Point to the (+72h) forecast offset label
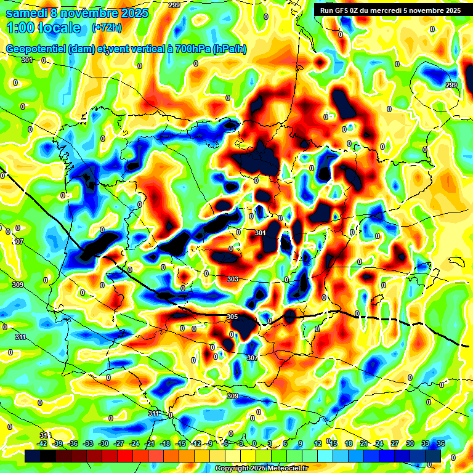(107, 28)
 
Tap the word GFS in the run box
(346, 10)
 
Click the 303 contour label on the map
(233, 279)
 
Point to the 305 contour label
(232, 317)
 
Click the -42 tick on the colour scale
(42, 443)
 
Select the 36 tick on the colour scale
(441, 443)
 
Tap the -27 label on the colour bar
(119, 443)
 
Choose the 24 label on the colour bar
(379, 443)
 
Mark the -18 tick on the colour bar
(165, 443)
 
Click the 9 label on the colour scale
(301, 443)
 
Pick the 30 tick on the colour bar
(410, 443)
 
